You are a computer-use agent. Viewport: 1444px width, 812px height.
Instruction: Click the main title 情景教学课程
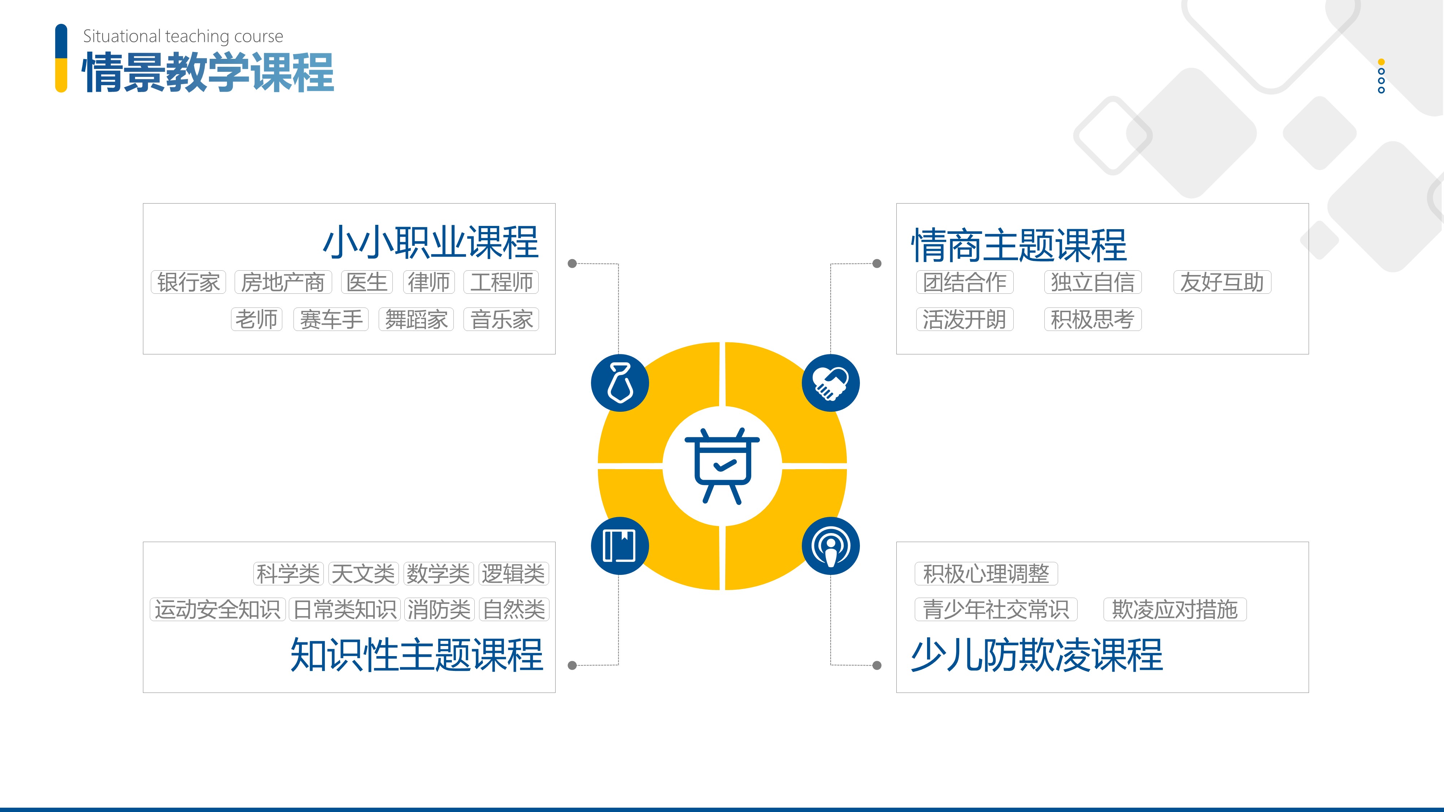[208, 72]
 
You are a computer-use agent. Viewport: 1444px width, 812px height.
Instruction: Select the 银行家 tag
[188, 282]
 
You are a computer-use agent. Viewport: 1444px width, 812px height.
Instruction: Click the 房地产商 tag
[283, 282]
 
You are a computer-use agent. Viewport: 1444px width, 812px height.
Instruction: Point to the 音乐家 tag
[501, 319]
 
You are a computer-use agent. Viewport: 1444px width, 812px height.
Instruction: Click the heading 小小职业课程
[431, 243]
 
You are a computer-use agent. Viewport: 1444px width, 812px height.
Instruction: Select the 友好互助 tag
[1222, 282]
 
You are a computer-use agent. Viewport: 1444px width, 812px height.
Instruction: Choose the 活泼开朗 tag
[965, 319]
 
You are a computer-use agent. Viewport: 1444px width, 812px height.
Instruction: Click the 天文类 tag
[363, 574]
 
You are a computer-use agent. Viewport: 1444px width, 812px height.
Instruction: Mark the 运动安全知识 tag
[217, 610]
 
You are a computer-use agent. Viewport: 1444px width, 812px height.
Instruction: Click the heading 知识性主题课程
[417, 655]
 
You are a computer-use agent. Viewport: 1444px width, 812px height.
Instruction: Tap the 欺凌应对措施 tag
[1175, 610]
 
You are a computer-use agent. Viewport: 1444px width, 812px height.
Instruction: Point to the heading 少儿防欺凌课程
[1037, 655]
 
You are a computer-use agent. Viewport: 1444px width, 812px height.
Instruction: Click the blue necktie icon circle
[620, 383]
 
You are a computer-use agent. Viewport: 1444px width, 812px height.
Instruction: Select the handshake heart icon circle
[831, 383]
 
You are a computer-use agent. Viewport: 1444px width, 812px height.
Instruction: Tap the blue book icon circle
[620, 546]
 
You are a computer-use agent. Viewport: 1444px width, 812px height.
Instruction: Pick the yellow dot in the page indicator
[1381, 62]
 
